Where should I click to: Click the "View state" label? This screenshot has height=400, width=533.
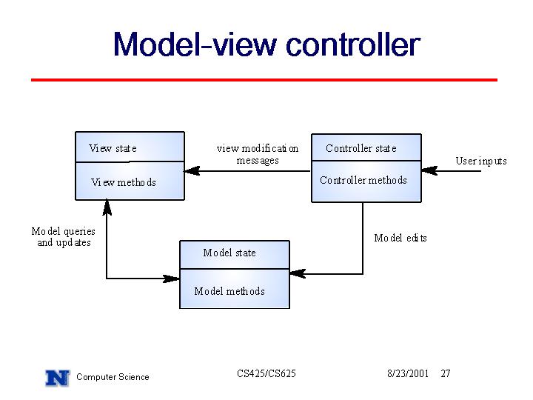113,148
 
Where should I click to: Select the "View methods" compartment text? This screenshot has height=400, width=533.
124,182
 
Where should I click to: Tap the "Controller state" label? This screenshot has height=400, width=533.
361,148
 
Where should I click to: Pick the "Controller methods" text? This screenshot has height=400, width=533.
363,180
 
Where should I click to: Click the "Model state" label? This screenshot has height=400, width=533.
229,253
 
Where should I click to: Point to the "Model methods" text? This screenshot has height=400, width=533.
229,291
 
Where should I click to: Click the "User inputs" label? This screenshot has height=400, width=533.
481,161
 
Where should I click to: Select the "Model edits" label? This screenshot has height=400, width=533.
400,238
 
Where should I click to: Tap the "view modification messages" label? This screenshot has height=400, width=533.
258,154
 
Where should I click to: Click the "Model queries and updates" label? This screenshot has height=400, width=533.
64,237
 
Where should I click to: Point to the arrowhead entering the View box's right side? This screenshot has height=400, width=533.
192,171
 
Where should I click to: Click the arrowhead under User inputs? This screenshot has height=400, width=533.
429,170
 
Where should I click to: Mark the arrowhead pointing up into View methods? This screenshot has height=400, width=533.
107,207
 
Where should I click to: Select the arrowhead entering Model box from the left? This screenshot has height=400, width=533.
171,279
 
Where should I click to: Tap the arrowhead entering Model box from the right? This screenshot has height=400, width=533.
298,273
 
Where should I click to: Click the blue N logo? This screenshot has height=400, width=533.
58,378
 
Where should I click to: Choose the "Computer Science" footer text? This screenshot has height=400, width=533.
113,377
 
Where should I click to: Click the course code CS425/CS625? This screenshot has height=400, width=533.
266,373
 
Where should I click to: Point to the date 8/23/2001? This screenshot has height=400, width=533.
408,373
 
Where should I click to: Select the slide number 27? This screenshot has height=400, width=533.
446,373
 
